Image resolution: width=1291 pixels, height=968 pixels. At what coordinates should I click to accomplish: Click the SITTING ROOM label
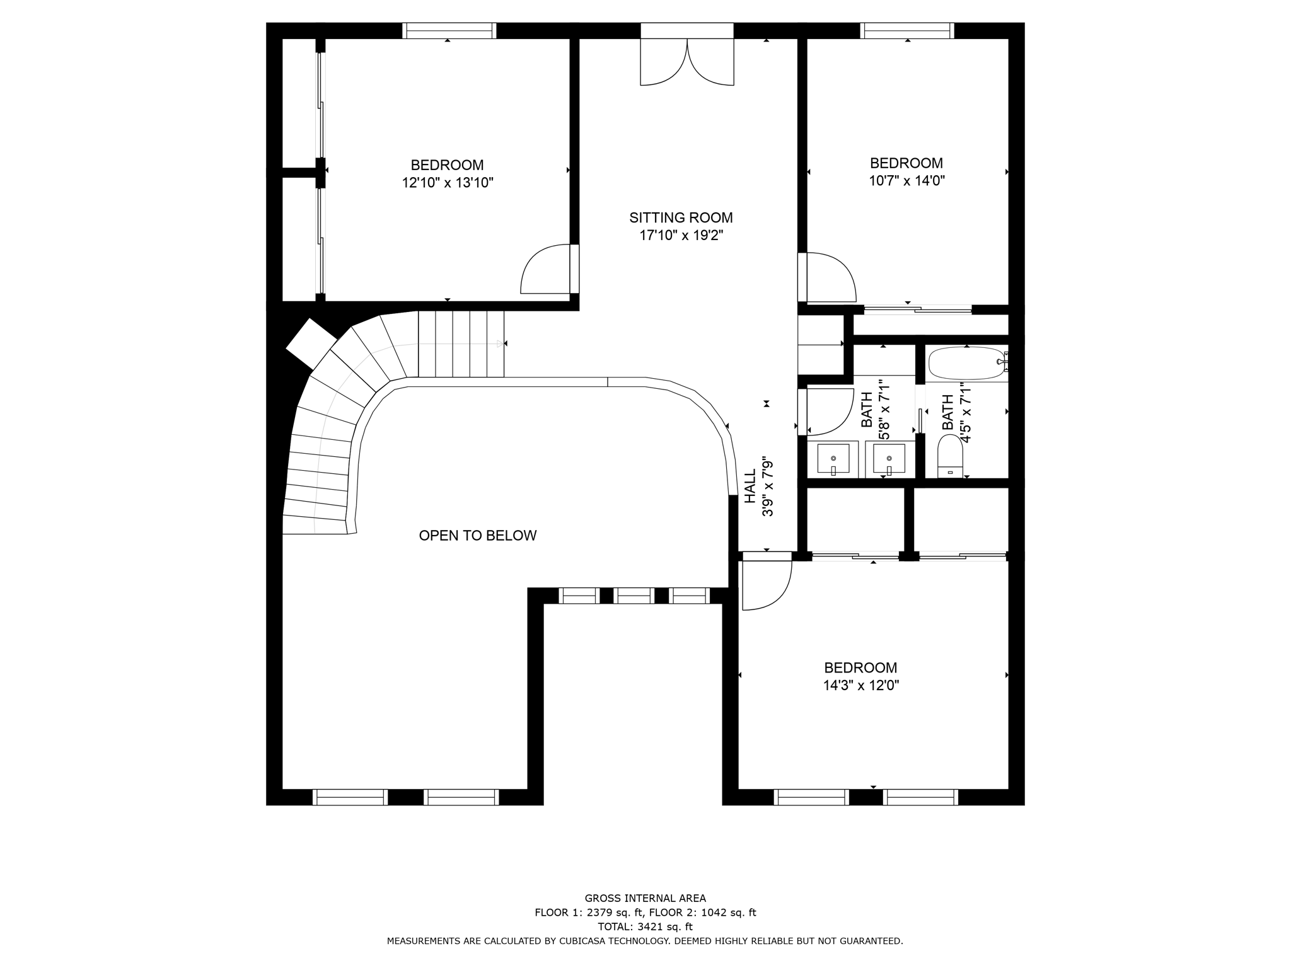(x=681, y=218)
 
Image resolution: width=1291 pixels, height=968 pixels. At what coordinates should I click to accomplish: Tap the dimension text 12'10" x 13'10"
(x=448, y=183)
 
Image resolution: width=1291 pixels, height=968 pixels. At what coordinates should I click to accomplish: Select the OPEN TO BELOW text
(x=478, y=536)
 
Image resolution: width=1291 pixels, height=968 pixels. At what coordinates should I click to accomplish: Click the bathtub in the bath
(x=966, y=363)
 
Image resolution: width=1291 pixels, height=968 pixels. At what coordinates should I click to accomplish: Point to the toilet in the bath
(x=950, y=456)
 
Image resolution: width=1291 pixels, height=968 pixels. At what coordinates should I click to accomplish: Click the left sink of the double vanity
(x=833, y=458)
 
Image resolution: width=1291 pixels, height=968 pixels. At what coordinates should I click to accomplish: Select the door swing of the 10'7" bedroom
(x=831, y=277)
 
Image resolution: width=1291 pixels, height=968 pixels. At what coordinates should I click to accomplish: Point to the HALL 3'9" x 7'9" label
(x=758, y=486)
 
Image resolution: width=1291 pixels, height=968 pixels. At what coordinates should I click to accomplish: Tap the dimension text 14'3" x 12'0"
(x=860, y=686)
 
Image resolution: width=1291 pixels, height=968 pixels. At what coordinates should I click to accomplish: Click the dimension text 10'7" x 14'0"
(x=906, y=181)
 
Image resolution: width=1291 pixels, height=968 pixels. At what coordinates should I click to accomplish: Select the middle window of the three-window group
(x=634, y=596)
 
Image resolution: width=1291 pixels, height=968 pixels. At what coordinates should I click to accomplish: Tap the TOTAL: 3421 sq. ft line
(x=645, y=926)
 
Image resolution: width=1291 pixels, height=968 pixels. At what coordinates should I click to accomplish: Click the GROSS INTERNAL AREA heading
(x=645, y=898)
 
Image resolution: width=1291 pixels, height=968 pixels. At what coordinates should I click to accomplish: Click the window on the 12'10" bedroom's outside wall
(x=449, y=30)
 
